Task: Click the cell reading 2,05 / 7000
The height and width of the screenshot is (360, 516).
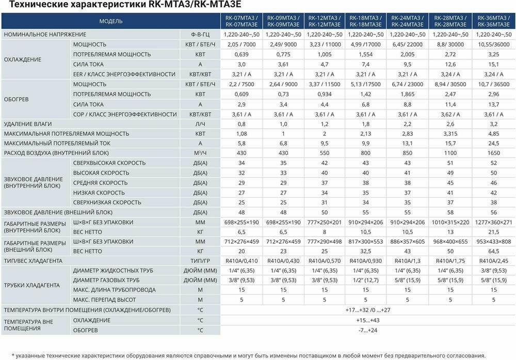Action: [x=241, y=44]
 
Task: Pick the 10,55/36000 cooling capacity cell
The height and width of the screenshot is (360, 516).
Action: [x=493, y=44]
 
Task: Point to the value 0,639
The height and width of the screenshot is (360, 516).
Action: [x=241, y=54]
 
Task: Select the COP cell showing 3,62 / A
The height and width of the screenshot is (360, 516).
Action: [x=451, y=114]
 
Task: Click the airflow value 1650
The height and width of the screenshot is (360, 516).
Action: [x=493, y=153]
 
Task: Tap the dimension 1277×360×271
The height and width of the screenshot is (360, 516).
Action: [x=493, y=222]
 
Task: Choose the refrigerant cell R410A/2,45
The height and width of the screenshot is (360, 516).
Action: [x=493, y=261]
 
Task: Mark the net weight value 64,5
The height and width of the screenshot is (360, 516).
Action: [x=493, y=251]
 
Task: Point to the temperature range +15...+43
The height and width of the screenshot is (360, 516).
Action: [x=367, y=320]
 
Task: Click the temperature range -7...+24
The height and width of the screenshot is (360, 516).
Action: [x=367, y=330]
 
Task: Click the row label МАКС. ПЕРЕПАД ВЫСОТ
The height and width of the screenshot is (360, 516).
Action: [x=105, y=300]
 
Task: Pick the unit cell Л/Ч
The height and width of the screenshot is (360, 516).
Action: [x=200, y=124]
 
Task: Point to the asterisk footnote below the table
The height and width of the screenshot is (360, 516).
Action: [x=248, y=355]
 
